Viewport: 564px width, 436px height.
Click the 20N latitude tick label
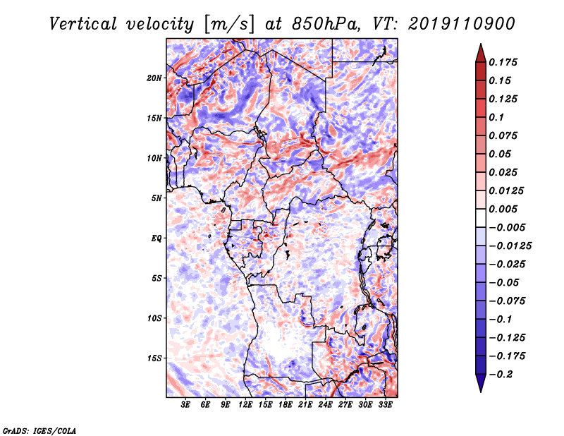(154, 78)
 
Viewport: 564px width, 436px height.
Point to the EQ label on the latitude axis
(156, 238)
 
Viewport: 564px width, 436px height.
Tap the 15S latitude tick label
(154, 358)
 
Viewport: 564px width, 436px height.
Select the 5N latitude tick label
(156, 198)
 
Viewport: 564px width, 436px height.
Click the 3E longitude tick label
(185, 405)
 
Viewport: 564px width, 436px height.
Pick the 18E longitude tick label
(286, 405)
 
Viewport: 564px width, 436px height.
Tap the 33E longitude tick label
(385, 405)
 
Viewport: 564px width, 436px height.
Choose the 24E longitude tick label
(325, 405)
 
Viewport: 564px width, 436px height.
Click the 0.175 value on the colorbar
(503, 62)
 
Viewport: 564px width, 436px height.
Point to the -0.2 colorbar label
(501, 375)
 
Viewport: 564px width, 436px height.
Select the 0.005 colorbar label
(503, 209)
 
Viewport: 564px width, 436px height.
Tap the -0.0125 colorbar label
(510, 246)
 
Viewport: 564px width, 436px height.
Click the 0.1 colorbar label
(496, 117)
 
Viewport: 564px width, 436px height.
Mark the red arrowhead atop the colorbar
(481, 54)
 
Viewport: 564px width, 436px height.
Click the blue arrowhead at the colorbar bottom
(481, 383)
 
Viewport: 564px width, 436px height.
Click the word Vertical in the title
(83, 24)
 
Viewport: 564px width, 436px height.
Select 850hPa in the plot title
(326, 24)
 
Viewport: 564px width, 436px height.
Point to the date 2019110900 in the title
(462, 24)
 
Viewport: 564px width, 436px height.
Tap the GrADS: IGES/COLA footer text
(39, 430)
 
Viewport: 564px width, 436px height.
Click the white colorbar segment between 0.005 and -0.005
(481, 218)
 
